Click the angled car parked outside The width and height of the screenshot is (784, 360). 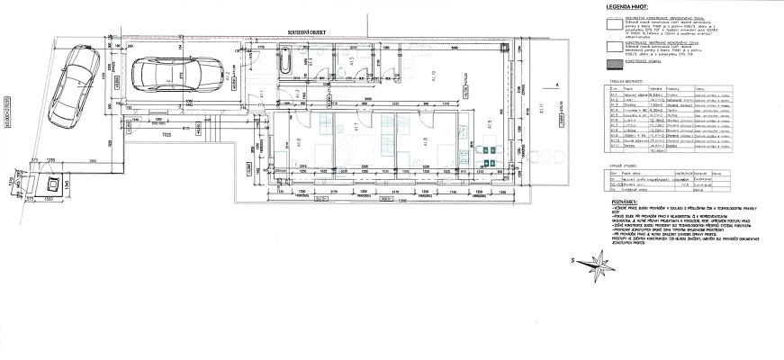tap(75, 78)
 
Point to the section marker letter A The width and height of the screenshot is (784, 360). tap(559, 84)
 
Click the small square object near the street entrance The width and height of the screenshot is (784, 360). tap(52, 185)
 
